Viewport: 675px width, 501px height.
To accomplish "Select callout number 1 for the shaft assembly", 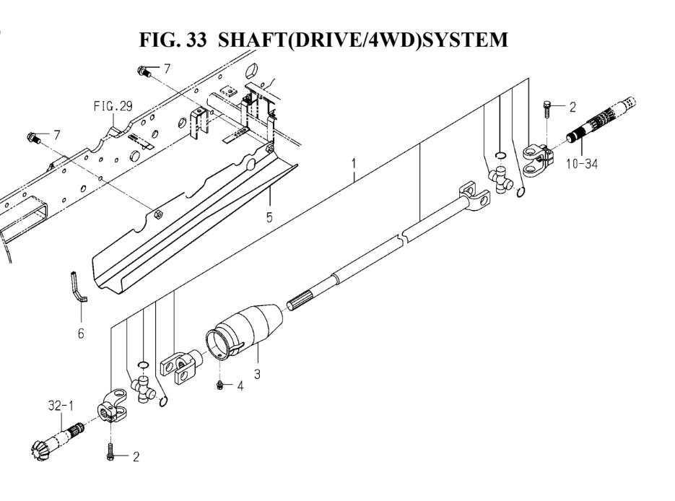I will [354, 163].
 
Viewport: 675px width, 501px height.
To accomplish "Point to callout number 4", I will [240, 385].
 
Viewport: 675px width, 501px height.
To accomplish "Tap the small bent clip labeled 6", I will [77, 284].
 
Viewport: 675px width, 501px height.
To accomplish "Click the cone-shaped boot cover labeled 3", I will [243, 331].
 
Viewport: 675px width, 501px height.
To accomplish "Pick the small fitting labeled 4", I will [219, 385].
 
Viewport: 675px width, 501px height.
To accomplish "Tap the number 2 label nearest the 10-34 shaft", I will [572, 108].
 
